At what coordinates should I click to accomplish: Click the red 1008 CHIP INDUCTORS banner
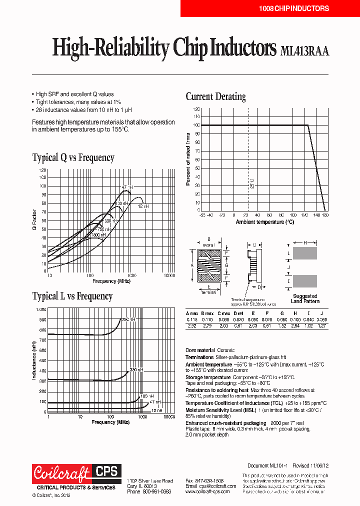(x=293, y=8)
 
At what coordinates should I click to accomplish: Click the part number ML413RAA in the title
(x=304, y=51)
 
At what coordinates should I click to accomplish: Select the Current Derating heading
(x=215, y=96)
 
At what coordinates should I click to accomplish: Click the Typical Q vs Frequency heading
(x=73, y=158)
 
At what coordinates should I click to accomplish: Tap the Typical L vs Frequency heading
(x=72, y=296)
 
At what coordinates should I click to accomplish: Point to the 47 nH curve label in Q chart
(x=126, y=187)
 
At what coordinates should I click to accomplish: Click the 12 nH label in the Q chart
(x=143, y=206)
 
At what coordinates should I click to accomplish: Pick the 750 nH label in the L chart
(x=128, y=319)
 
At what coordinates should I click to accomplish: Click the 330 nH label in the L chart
(x=136, y=369)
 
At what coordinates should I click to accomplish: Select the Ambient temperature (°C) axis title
(x=264, y=221)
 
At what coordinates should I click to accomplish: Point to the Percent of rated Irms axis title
(x=188, y=159)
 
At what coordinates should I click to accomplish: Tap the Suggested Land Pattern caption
(x=304, y=298)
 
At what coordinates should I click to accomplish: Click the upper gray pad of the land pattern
(x=304, y=253)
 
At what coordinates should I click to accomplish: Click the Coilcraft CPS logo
(x=76, y=472)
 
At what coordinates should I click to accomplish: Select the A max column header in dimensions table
(x=192, y=312)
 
